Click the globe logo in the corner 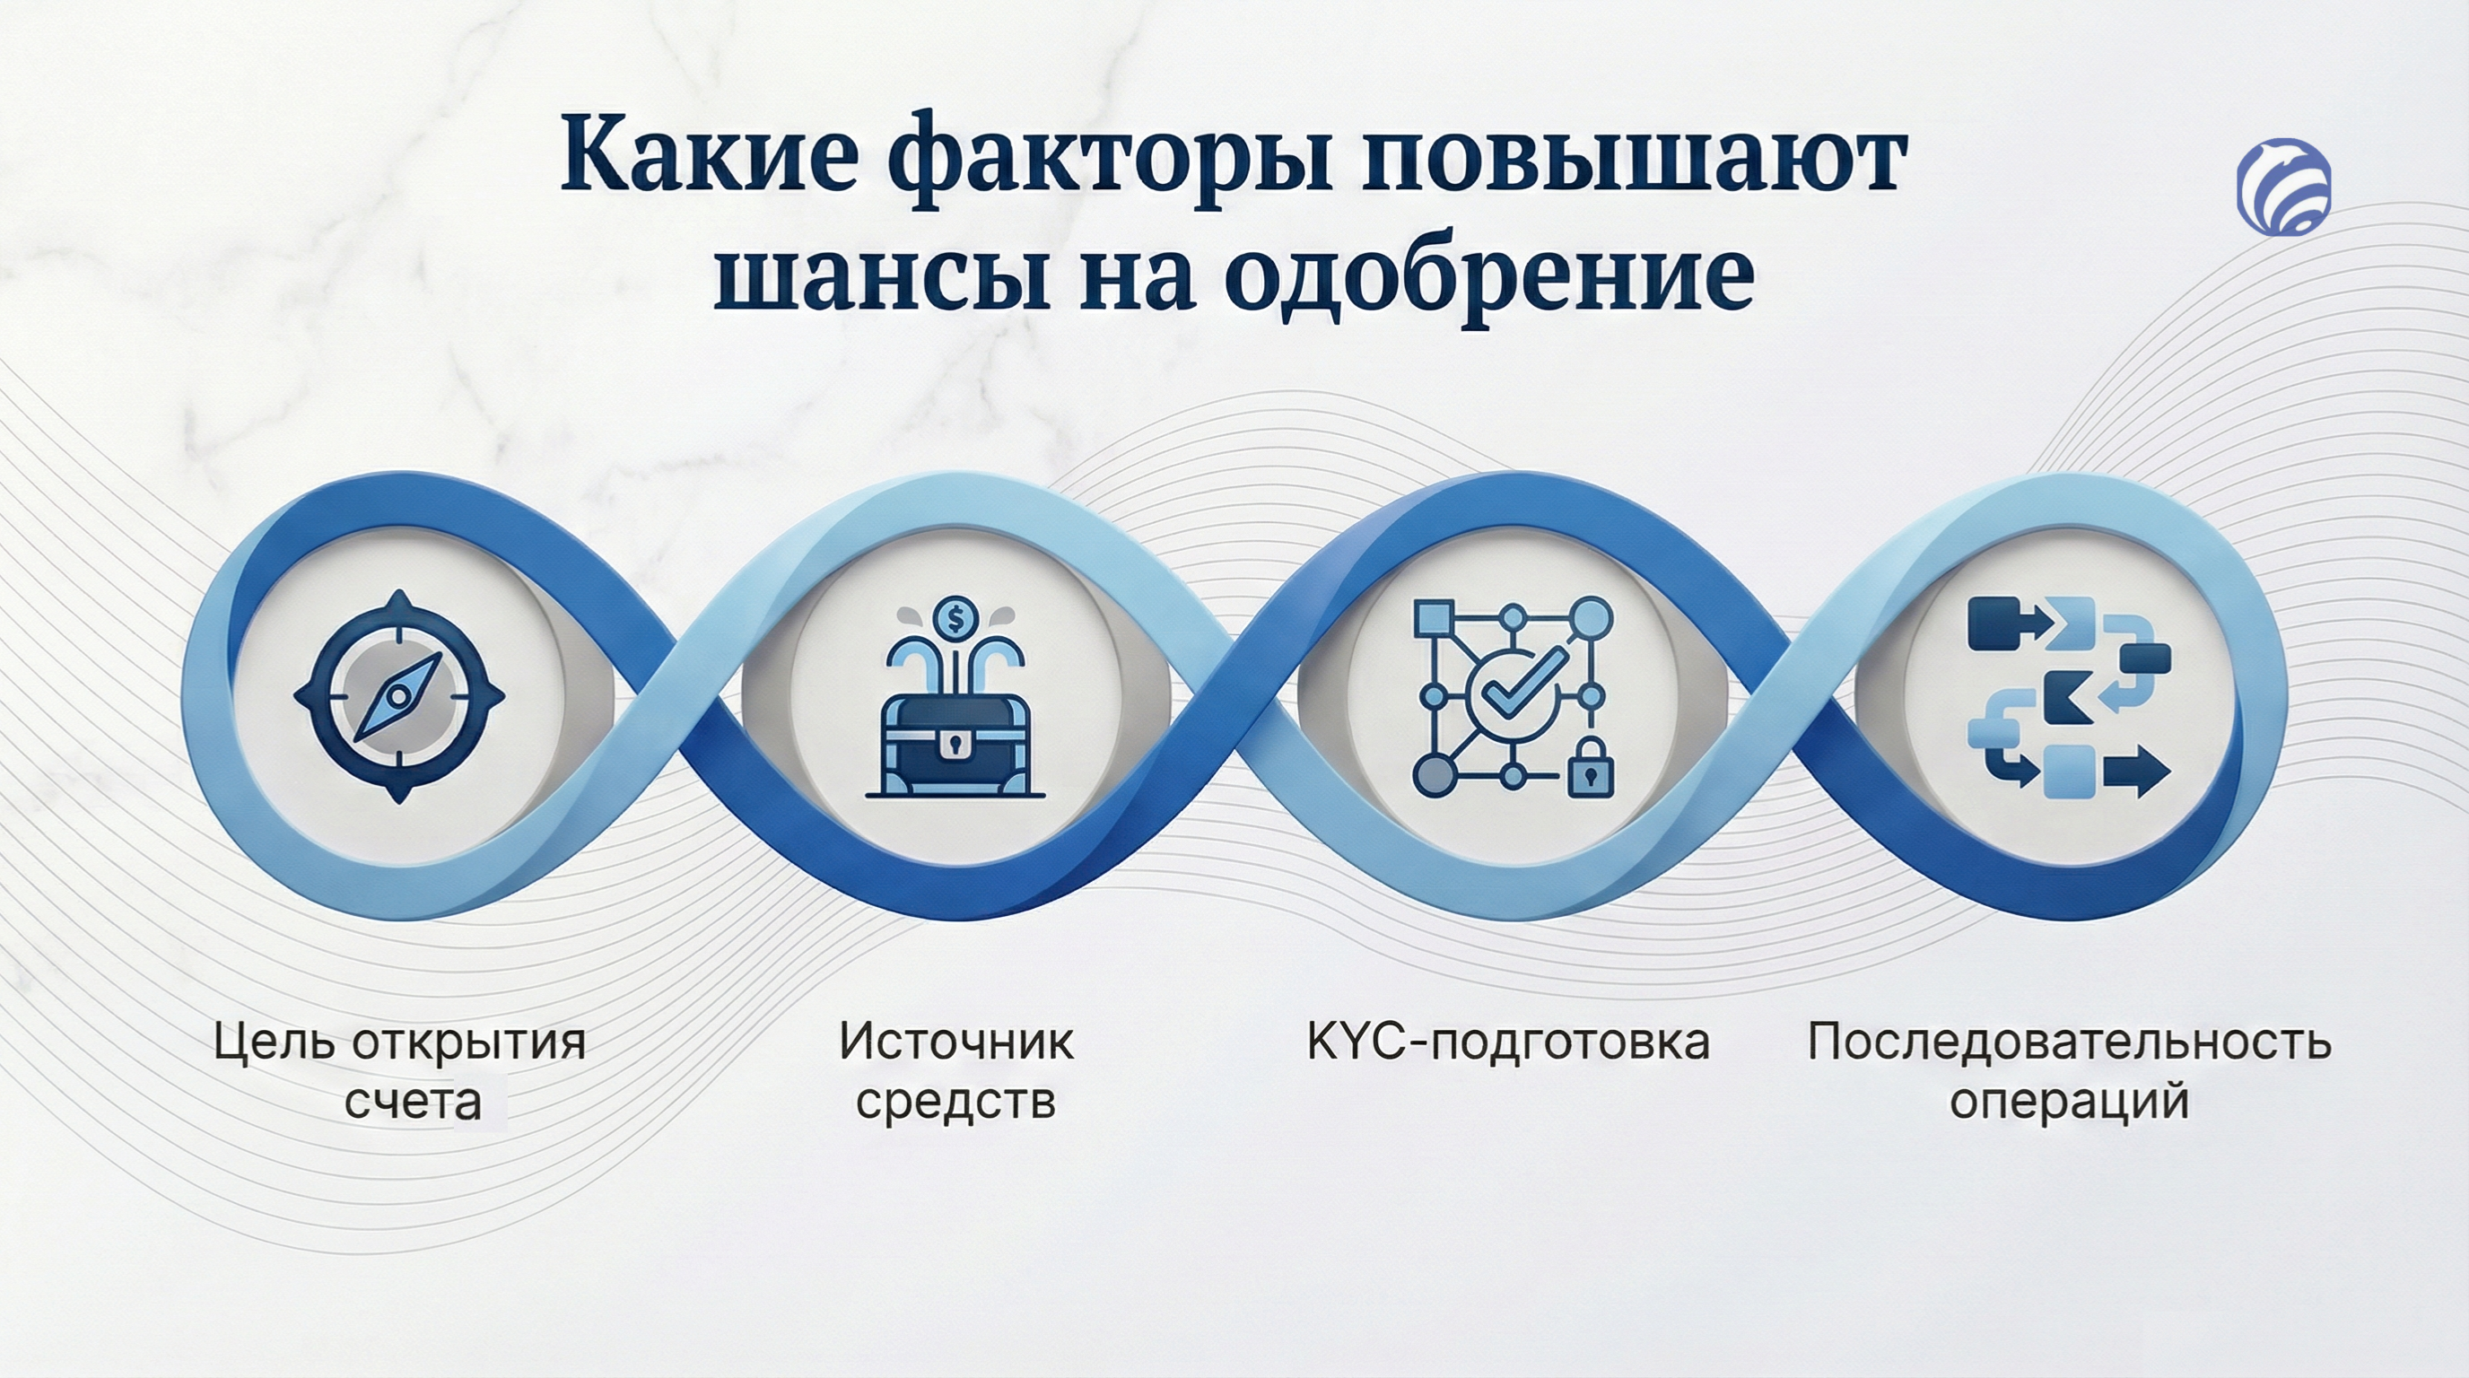2284,186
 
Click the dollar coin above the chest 955,619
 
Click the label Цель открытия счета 401,1071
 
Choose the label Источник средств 955,1071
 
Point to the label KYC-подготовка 1509,1042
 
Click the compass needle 397,697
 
